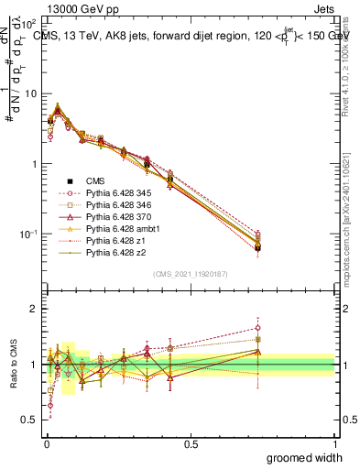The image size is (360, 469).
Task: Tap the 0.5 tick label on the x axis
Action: [191, 443]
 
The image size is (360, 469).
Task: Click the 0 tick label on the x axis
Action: [47, 443]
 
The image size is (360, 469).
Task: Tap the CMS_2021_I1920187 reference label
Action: [190, 275]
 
